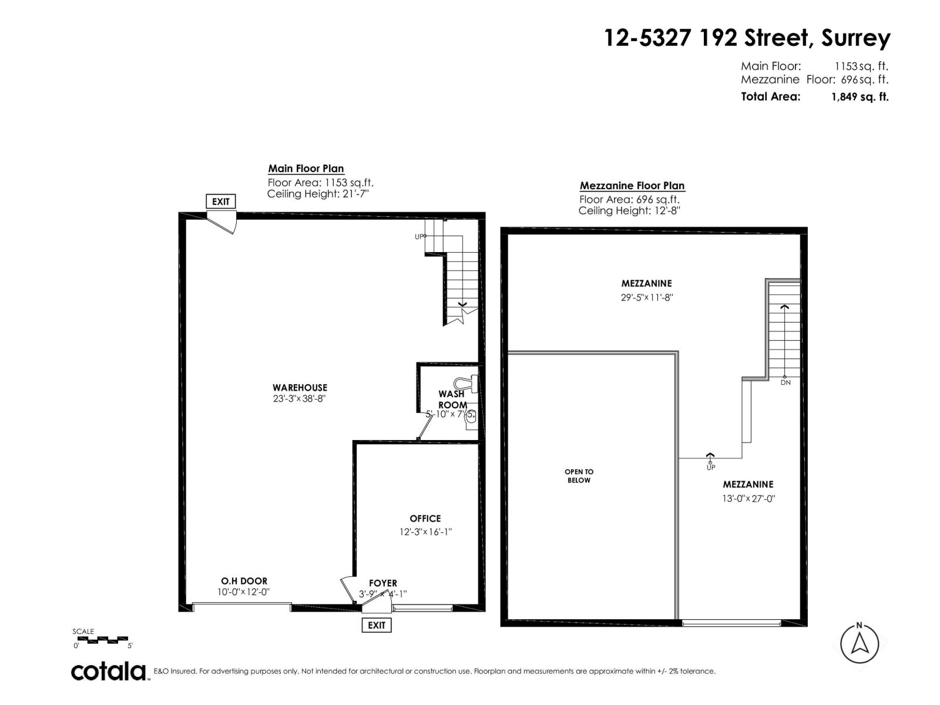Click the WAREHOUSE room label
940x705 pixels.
pyautogui.click(x=300, y=388)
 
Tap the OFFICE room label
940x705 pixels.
pyautogui.click(x=425, y=519)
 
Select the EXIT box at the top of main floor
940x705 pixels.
pyautogui.click(x=221, y=202)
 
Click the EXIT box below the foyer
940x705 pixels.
pyautogui.click(x=377, y=625)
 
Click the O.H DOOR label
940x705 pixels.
pyautogui.click(x=244, y=581)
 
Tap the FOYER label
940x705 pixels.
pyautogui.click(x=383, y=583)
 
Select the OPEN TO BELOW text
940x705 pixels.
pyautogui.click(x=579, y=476)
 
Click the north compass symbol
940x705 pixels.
pyautogui.click(x=860, y=643)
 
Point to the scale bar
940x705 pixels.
pyautogui.click(x=102, y=639)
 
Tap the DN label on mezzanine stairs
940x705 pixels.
pyautogui.click(x=785, y=382)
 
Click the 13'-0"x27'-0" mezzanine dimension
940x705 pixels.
pyautogui.click(x=748, y=499)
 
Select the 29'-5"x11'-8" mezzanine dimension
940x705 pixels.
pyautogui.click(x=646, y=297)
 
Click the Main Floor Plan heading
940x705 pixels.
pyautogui.click(x=306, y=169)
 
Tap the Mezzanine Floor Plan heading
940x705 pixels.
pyautogui.click(x=632, y=186)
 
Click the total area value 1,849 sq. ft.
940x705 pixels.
pyautogui.click(x=860, y=98)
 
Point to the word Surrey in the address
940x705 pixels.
pyautogui.click(x=855, y=39)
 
